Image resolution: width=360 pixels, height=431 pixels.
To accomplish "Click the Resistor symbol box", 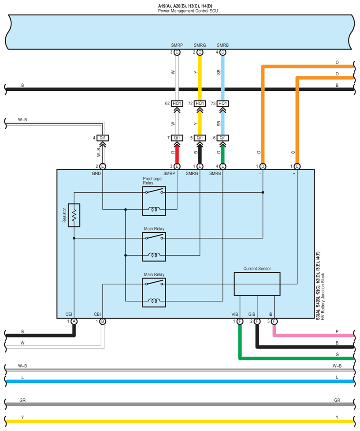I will click(x=74, y=215).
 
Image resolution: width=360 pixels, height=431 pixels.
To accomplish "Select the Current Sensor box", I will click(x=257, y=284).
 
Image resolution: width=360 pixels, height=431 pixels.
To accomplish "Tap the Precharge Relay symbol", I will click(x=154, y=201).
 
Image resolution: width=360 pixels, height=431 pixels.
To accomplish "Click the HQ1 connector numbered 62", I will click(x=177, y=104).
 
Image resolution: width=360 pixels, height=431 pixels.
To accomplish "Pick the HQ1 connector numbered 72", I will click(x=200, y=104).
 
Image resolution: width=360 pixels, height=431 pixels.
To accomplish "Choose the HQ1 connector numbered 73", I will click(x=223, y=104).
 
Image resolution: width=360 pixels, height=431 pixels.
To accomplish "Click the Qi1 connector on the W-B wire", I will click(x=102, y=138).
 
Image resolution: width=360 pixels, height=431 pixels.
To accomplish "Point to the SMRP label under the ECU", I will click(x=176, y=45).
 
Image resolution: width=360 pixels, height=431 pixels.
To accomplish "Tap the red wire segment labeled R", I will click(x=177, y=153).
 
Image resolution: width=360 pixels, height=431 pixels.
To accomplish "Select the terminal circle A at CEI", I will click(x=74, y=322).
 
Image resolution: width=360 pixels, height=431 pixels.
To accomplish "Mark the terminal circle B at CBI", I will click(x=102, y=322).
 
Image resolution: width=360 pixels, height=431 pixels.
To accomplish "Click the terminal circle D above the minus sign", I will click(x=263, y=166).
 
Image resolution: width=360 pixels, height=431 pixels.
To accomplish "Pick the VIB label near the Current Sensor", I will click(x=235, y=314).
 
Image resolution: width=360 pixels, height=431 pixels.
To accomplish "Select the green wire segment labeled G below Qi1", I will click(x=223, y=153).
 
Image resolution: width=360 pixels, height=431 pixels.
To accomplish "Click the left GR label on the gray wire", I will click(x=22, y=400).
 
